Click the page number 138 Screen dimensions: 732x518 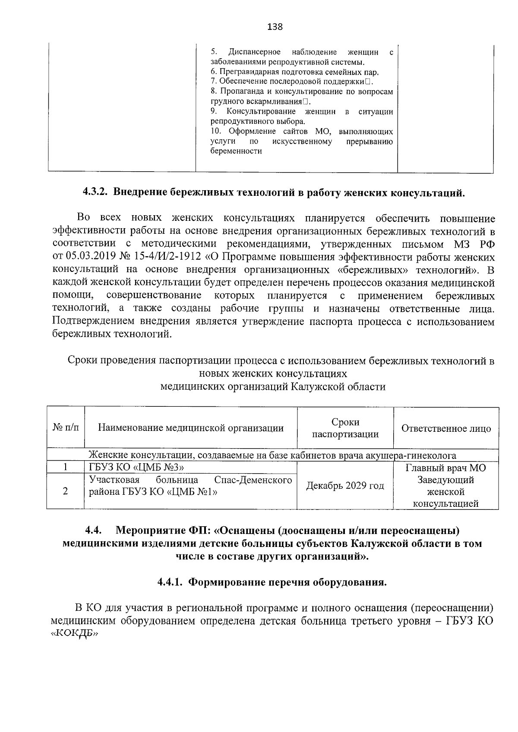pos(275,27)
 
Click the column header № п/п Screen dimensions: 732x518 pos(66,428)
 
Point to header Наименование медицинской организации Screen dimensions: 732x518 pos(191,428)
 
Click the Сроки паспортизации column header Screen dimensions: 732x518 pos(345,428)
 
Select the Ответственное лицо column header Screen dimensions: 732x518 pos(446,428)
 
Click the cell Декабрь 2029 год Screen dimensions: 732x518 pos(345,486)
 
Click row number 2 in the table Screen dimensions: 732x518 pos(65,491)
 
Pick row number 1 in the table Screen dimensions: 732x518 pos(65,468)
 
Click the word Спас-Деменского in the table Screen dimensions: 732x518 pos(253,480)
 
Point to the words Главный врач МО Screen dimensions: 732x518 pos(446,468)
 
